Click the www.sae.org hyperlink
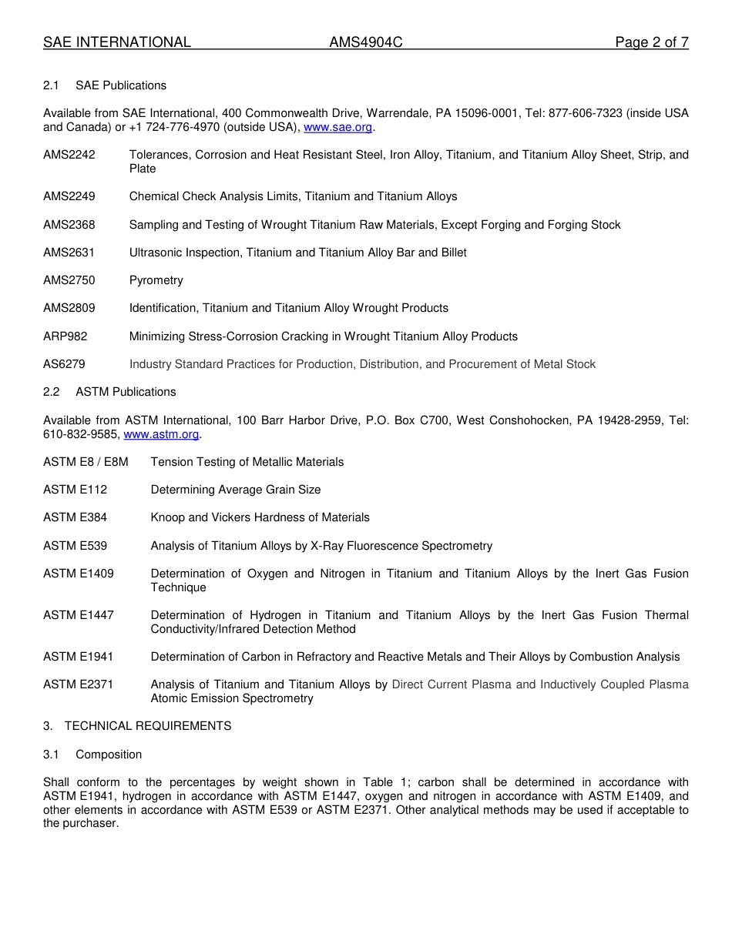[x=337, y=127]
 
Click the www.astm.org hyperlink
[x=161, y=434]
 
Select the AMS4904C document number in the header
[x=366, y=42]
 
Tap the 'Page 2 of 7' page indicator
[x=651, y=42]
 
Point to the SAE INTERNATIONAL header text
[x=117, y=42]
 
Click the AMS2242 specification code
[x=69, y=155]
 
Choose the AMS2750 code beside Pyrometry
[x=69, y=280]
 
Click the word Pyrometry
[x=156, y=280]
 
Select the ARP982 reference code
[x=65, y=336]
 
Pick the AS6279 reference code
[x=64, y=364]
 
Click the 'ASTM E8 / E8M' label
[x=86, y=462]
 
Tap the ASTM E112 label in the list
[x=76, y=490]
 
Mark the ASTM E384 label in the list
[x=76, y=517]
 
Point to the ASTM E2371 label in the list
[x=79, y=684]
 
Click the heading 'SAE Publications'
[x=121, y=85]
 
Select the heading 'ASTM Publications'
[x=126, y=392]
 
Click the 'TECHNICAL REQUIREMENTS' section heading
[x=148, y=726]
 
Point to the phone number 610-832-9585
[x=81, y=434]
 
